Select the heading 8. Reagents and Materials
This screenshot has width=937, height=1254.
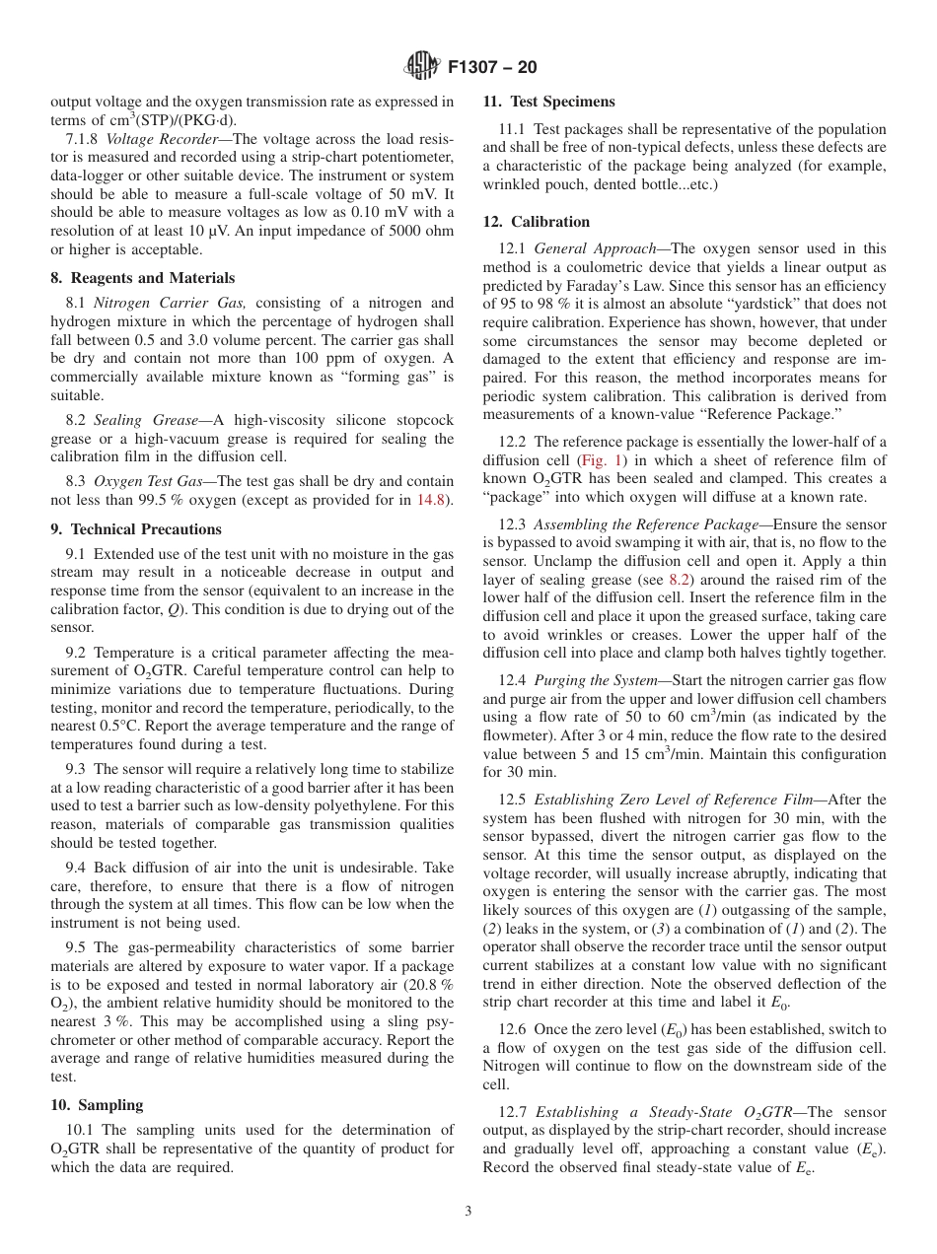pyautogui.click(x=143, y=278)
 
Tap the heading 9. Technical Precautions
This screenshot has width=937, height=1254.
pyautogui.click(x=136, y=529)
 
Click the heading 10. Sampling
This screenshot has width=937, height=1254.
pyautogui.click(x=97, y=1105)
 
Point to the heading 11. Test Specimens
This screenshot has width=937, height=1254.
pyautogui.click(x=548, y=102)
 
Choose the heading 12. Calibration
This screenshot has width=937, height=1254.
pyautogui.click(x=537, y=222)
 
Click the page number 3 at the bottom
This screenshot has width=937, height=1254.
pyautogui.click(x=468, y=1211)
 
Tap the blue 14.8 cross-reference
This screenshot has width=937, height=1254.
pyautogui.click(x=434, y=501)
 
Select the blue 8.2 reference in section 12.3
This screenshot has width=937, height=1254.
pyautogui.click(x=680, y=580)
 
